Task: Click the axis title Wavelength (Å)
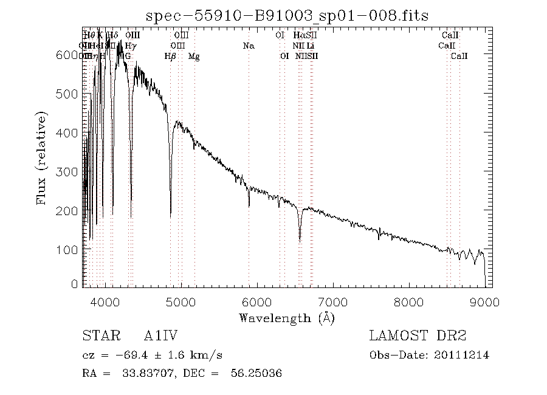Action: [x=286, y=317]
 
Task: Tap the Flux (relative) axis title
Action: [x=43, y=158]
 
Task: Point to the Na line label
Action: [x=248, y=46]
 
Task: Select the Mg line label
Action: [x=193, y=56]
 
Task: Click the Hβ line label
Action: [x=171, y=56]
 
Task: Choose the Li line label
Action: [x=310, y=46]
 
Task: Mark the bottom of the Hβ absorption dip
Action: [x=171, y=215]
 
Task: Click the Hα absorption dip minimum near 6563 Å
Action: [x=300, y=241]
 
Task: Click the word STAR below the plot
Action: [x=97, y=336]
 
